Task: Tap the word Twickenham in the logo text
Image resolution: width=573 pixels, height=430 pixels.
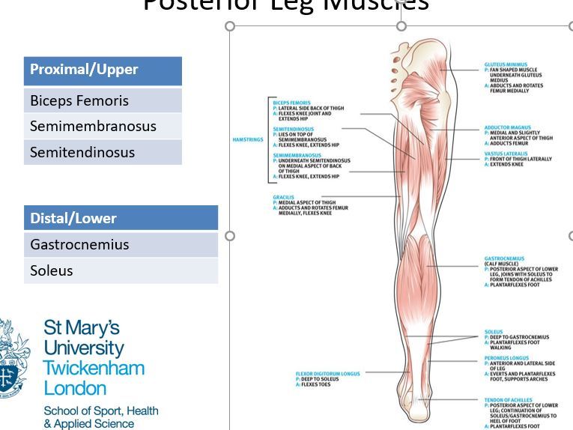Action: point(94,369)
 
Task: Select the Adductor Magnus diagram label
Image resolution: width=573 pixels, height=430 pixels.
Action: point(508,128)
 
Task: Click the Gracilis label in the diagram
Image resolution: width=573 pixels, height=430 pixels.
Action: point(284,197)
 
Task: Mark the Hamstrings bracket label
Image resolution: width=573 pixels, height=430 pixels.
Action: point(247,139)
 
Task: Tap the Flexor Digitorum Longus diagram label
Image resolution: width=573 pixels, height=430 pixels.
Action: point(328,373)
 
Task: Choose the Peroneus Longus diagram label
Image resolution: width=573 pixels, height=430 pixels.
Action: point(506,358)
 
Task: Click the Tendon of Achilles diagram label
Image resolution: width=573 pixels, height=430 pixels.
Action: point(509,400)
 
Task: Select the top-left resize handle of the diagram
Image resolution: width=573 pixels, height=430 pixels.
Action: point(230,26)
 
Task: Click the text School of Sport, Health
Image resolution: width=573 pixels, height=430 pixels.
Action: point(101,411)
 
